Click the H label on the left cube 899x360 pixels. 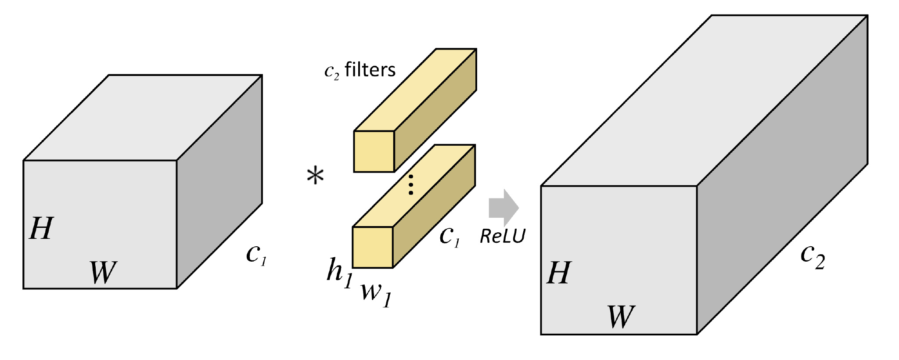tap(41, 228)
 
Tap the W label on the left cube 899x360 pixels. tap(103, 272)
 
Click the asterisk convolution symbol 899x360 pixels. tap(315, 176)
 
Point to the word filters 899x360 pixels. tap(370, 69)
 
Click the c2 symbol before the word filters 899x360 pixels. tap(331, 72)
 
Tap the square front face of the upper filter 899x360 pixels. tap(374, 151)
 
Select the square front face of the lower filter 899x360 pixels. tap(373, 247)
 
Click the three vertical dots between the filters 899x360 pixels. tap(411, 185)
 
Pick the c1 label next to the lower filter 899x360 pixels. tap(450, 237)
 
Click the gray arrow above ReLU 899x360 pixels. tap(504, 208)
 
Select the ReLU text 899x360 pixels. tap(503, 236)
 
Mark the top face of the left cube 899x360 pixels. tap(143, 118)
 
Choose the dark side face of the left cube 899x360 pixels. tap(219, 182)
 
